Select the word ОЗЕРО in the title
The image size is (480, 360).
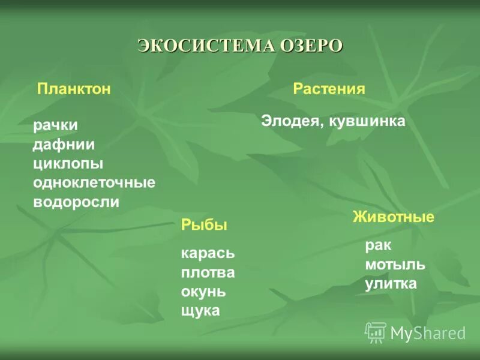(310, 46)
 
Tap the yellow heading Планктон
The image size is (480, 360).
(74, 89)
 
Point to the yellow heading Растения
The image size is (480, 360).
(329, 89)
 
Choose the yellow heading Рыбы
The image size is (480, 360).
(204, 226)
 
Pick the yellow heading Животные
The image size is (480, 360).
(393, 217)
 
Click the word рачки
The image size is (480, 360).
(55, 125)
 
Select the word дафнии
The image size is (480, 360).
(64, 145)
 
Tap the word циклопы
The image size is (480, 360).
(68, 164)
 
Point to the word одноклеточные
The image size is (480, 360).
(94, 182)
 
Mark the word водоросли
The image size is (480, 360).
(76, 202)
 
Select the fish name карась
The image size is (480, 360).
(208, 254)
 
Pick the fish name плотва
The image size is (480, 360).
(208, 273)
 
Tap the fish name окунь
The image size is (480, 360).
(203, 292)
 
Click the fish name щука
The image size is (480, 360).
(200, 311)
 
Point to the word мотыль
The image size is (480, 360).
(395, 265)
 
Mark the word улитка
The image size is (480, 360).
(391, 284)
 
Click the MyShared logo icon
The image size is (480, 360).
(376, 332)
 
